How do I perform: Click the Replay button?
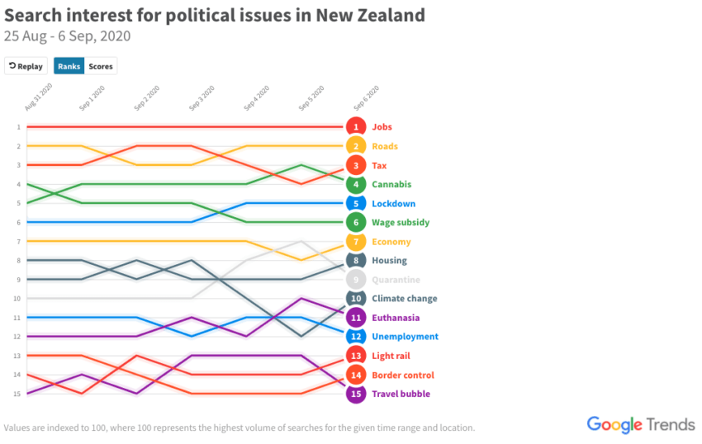[26, 66]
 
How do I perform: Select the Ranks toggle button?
[69, 66]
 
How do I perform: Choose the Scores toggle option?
[101, 66]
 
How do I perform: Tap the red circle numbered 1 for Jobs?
[356, 127]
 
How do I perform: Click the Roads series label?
[385, 146]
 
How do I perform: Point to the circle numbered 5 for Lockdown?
[356, 203]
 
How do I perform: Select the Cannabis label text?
[391, 184]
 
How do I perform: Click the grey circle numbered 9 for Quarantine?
[356, 280]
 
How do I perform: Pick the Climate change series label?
[405, 299]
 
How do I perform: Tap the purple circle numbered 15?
[356, 394]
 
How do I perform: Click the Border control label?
[402, 375]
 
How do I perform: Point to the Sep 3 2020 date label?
[202, 98]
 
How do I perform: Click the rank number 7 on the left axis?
[17, 241]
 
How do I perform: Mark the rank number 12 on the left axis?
[17, 337]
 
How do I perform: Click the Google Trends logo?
[640, 424]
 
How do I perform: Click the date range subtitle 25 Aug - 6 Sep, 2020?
[67, 36]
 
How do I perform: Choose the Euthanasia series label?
[396, 318]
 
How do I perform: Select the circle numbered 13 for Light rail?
[356, 356]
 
